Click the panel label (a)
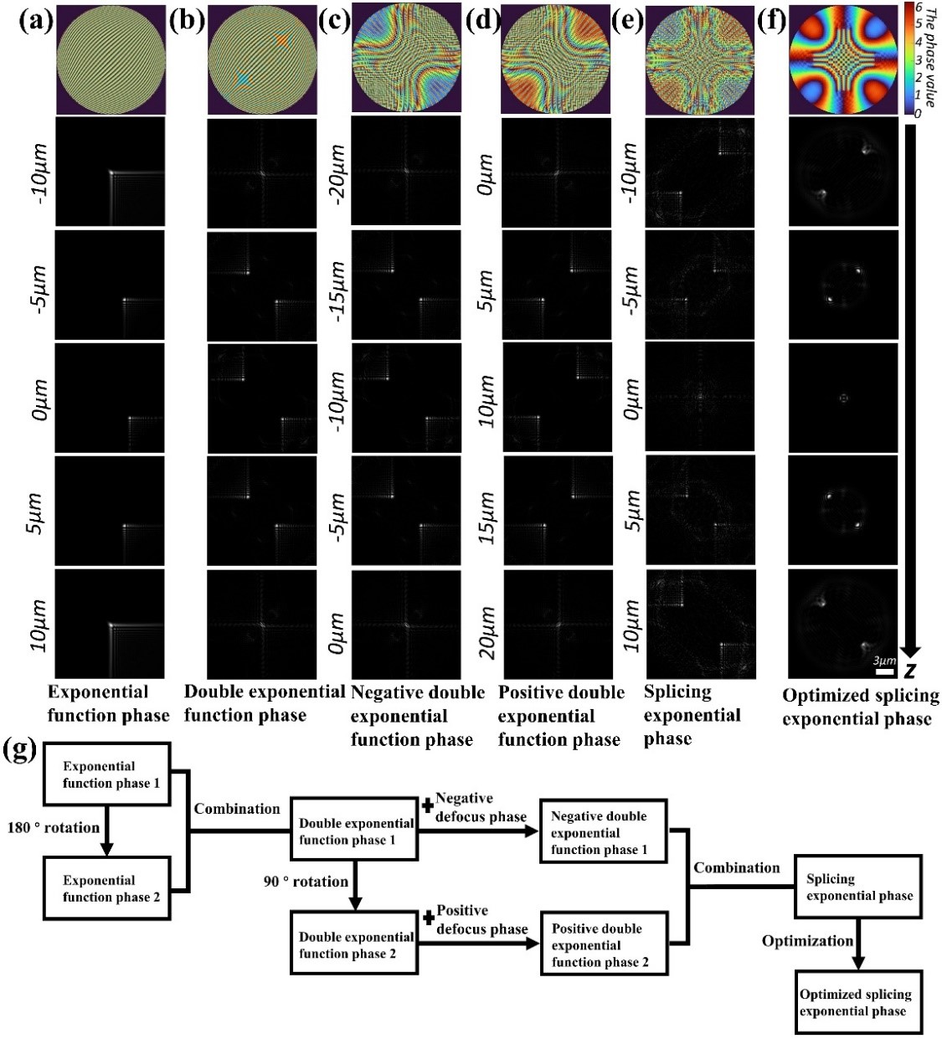point(36,20)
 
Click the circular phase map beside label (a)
point(111,59)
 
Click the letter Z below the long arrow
point(909,671)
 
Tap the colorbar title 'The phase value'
point(930,57)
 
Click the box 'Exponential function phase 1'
point(106,774)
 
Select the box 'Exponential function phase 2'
point(106,888)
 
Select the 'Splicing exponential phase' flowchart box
point(857,887)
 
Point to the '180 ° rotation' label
point(54,827)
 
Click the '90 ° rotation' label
point(306,882)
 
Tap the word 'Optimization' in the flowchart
point(807,941)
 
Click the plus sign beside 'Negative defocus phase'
point(427,805)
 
